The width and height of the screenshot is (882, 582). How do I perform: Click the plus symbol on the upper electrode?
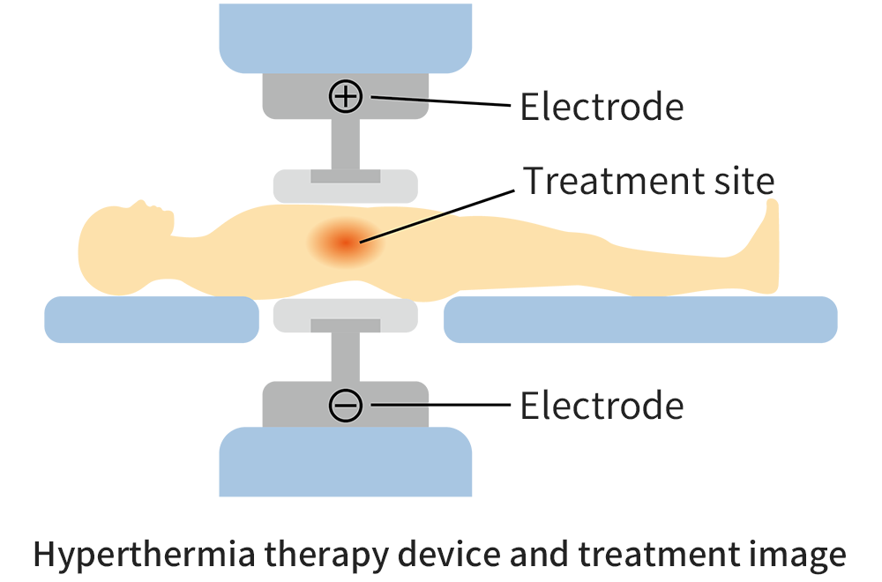click(x=346, y=96)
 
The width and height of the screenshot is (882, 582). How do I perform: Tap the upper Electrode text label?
click(x=601, y=107)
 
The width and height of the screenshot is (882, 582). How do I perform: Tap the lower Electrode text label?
click(x=601, y=407)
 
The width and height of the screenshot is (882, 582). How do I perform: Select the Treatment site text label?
click(x=649, y=181)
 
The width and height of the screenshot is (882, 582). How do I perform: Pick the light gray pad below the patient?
click(x=345, y=315)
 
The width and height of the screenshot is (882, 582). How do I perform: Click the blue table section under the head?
click(x=151, y=319)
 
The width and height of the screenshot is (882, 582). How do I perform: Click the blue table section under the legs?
click(x=639, y=319)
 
